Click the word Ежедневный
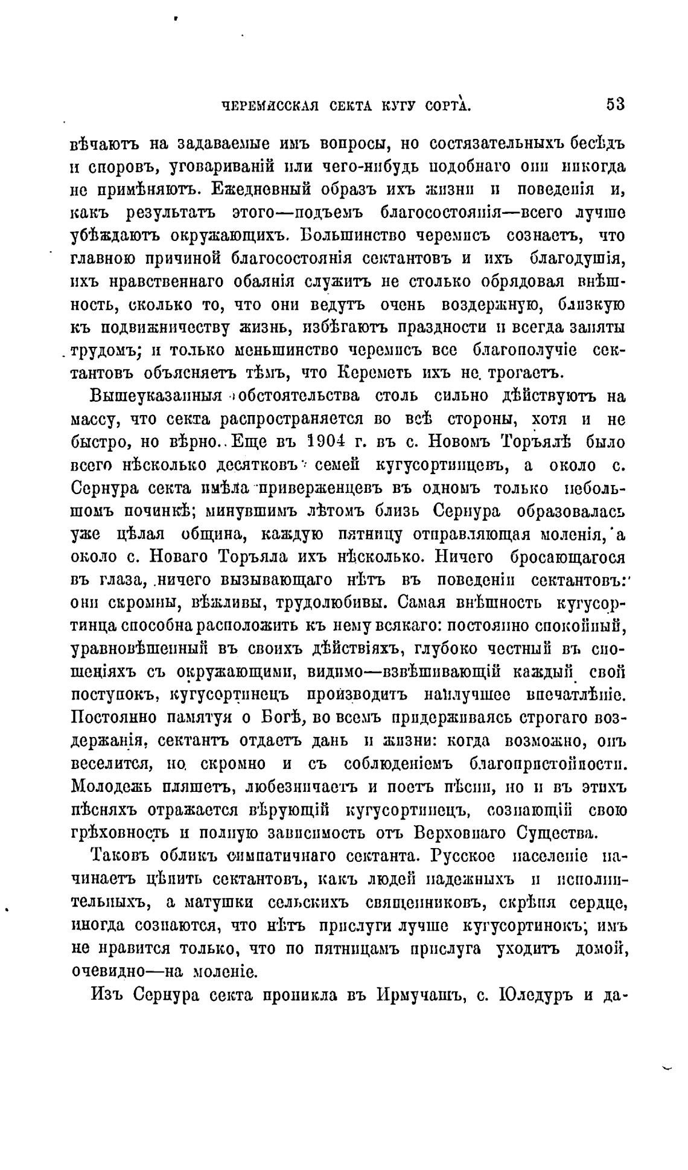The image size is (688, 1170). [x=258, y=189]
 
